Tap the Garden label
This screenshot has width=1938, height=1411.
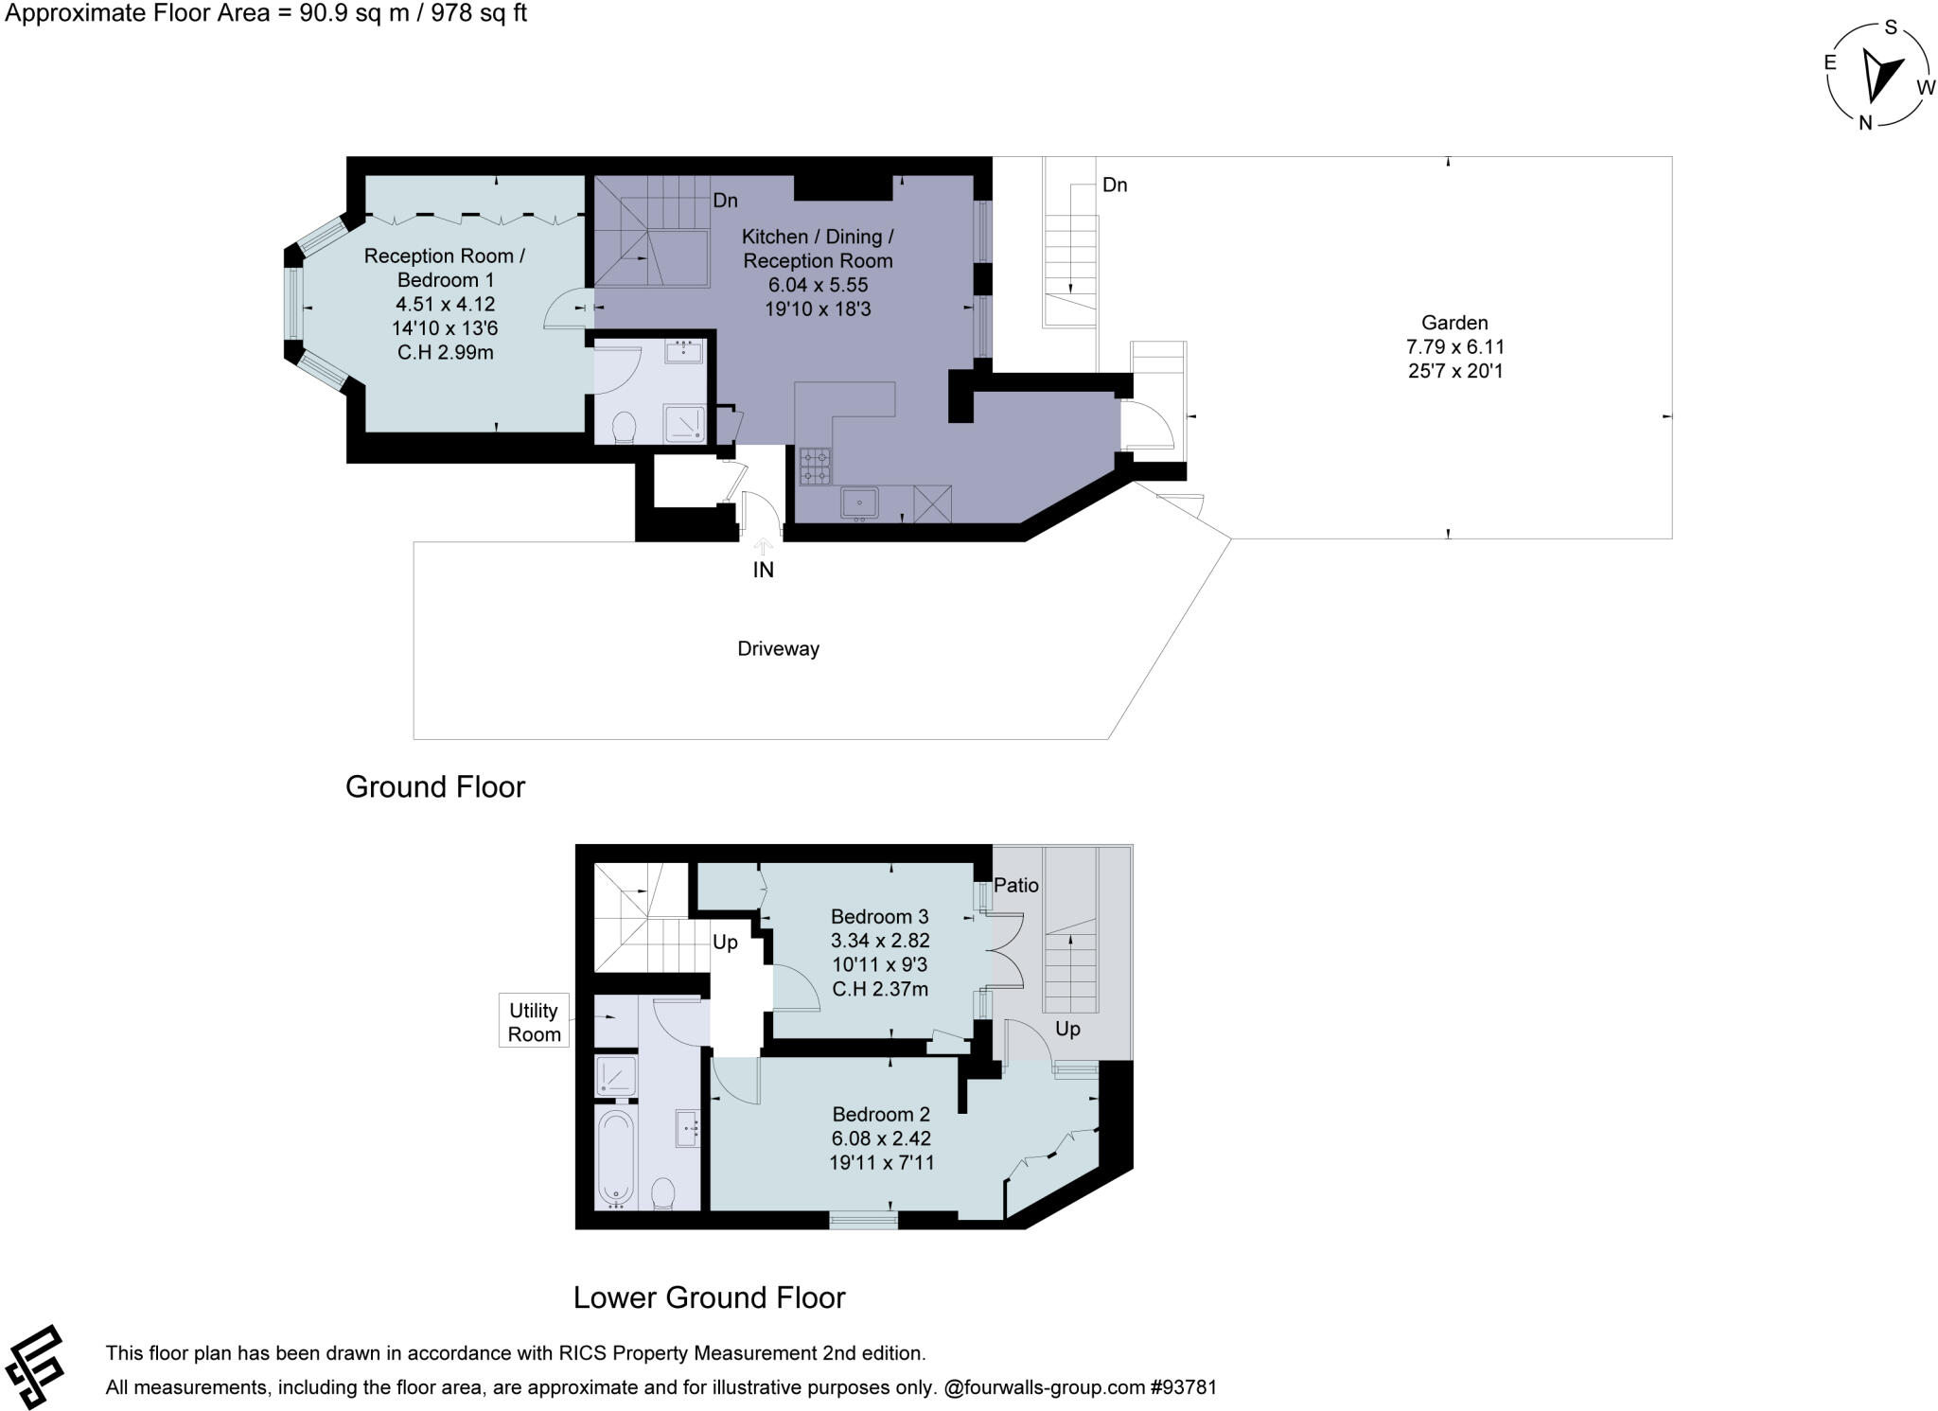click(1454, 323)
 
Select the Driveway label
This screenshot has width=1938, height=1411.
click(778, 649)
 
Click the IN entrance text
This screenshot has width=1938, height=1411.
click(763, 570)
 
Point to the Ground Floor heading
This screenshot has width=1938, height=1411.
click(434, 786)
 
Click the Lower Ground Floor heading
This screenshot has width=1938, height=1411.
click(709, 1297)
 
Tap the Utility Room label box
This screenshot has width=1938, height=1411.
click(535, 1021)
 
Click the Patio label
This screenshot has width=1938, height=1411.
click(1016, 886)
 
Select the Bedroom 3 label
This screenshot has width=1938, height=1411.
click(880, 916)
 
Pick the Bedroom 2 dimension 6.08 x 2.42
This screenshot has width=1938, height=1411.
click(881, 1138)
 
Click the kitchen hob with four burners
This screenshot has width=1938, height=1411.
click(815, 466)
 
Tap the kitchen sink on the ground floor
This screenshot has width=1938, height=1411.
click(860, 503)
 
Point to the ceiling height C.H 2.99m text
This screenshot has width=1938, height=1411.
click(445, 353)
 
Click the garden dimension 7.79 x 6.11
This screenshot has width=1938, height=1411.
click(1455, 346)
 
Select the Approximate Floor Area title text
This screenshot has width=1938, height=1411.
click(267, 13)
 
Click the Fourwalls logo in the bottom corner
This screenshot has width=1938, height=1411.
click(34, 1367)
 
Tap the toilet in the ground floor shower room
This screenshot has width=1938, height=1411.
click(625, 428)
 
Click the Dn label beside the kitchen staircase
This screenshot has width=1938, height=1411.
click(726, 201)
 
